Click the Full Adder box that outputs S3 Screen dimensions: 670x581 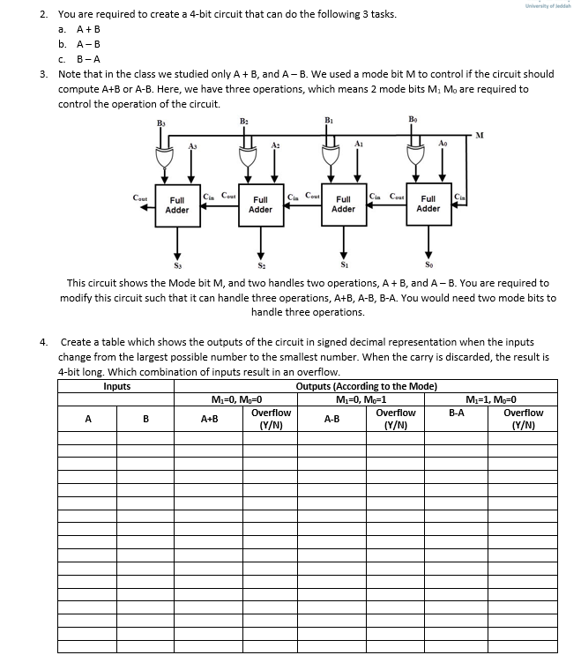point(176,205)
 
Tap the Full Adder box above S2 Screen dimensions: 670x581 point(260,205)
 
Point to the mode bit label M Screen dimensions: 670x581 point(479,135)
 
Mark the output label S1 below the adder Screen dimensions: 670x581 point(344,263)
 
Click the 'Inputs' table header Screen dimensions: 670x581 point(116,385)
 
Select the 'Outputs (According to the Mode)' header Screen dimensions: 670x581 point(366,385)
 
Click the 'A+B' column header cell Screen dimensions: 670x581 point(211,420)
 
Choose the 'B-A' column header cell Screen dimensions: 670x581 point(457,412)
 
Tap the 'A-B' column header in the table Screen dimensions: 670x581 point(333,420)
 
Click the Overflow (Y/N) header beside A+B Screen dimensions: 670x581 point(271,419)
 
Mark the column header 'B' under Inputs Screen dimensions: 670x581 point(145,420)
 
